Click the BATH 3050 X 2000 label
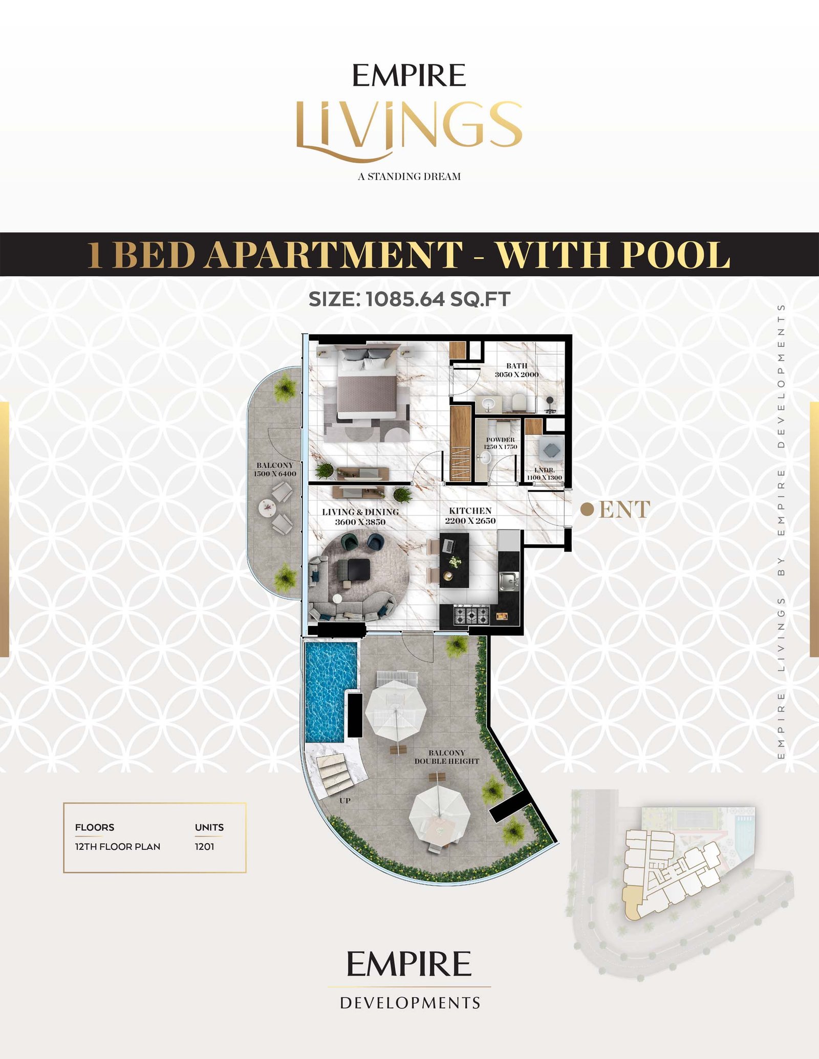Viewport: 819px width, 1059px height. (x=516, y=370)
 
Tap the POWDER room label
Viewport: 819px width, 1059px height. (x=501, y=439)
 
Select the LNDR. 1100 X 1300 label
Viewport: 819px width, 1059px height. (x=545, y=474)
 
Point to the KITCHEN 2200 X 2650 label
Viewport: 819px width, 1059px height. (x=470, y=516)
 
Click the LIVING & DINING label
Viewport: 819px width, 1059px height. (x=360, y=512)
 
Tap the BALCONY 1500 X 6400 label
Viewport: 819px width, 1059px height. (x=275, y=469)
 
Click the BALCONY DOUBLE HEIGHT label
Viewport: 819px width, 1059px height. (x=447, y=757)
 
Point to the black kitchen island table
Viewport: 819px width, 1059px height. (x=454, y=560)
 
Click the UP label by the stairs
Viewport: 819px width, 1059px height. (x=344, y=801)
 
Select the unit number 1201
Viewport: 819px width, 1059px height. (x=204, y=847)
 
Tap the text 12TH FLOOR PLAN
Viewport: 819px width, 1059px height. (x=118, y=847)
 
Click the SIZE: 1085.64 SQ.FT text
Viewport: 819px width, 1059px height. (x=409, y=299)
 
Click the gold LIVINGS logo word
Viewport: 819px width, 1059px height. (x=409, y=129)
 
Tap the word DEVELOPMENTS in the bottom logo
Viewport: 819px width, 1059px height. (x=410, y=1003)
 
